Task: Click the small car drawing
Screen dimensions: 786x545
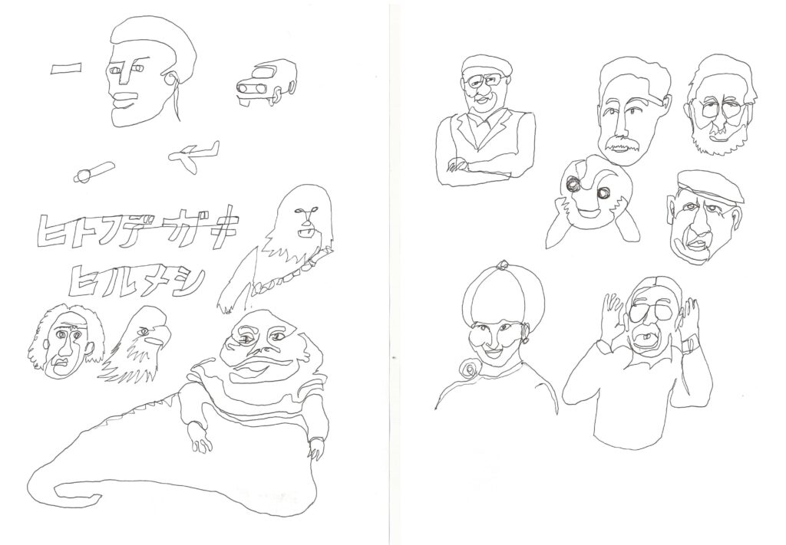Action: (265, 84)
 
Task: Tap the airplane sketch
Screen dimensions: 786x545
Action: (194, 154)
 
